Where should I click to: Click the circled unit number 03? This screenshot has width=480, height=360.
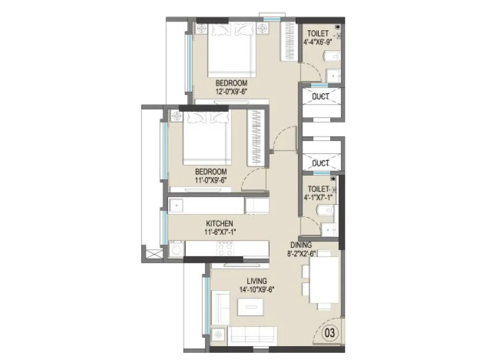[x=330, y=332]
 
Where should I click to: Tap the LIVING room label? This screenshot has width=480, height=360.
[x=257, y=281]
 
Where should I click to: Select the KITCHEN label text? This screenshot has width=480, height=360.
[x=219, y=223]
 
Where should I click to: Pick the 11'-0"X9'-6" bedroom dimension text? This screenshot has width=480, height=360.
[x=211, y=180]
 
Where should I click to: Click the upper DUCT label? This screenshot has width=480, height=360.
[x=320, y=96]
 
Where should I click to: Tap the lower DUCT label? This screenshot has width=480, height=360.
[x=320, y=164]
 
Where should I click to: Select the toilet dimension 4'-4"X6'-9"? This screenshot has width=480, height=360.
[x=318, y=42]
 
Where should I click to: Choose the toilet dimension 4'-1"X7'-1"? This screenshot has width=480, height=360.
[x=317, y=197]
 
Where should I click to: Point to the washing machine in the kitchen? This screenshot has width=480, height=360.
[x=176, y=249]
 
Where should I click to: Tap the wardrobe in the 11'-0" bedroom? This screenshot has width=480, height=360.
[x=256, y=138]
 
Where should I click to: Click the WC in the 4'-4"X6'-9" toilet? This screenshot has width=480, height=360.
[x=333, y=57]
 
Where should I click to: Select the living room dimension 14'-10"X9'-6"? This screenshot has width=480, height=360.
[x=257, y=289]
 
